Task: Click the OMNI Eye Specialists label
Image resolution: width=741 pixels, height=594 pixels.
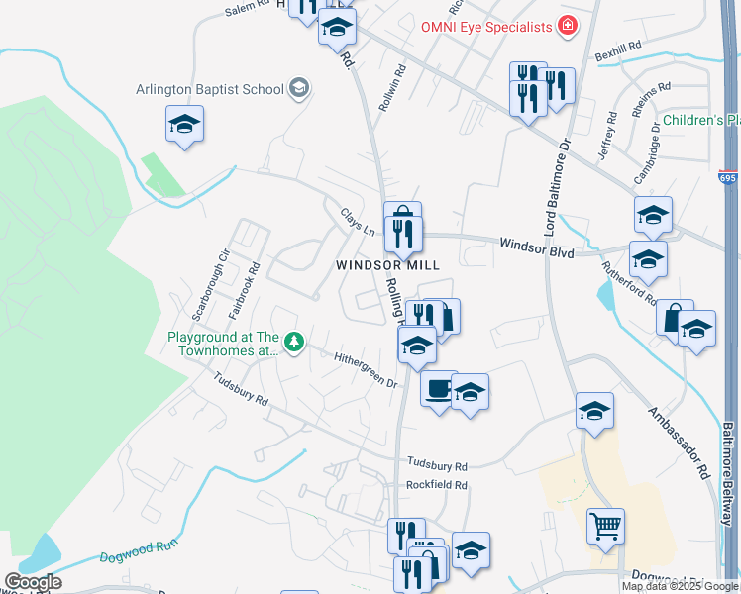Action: (x=484, y=27)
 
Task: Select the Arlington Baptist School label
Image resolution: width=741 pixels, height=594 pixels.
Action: (x=210, y=89)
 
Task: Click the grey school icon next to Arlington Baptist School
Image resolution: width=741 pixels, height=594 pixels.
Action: (x=298, y=89)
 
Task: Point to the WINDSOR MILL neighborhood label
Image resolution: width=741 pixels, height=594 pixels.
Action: (x=386, y=265)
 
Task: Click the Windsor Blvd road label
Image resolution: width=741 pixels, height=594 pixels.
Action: (x=536, y=251)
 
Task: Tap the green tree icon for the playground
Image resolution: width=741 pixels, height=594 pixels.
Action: (x=293, y=343)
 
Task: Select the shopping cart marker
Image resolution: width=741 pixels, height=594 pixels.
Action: (x=605, y=525)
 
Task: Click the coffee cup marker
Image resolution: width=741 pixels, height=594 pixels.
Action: (x=438, y=388)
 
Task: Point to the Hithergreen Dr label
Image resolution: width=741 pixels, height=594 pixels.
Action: (x=365, y=369)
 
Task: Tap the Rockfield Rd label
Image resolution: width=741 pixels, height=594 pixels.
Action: (x=436, y=486)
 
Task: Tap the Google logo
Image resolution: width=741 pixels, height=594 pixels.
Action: (x=33, y=582)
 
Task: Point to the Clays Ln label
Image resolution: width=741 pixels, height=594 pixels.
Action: (x=358, y=221)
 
